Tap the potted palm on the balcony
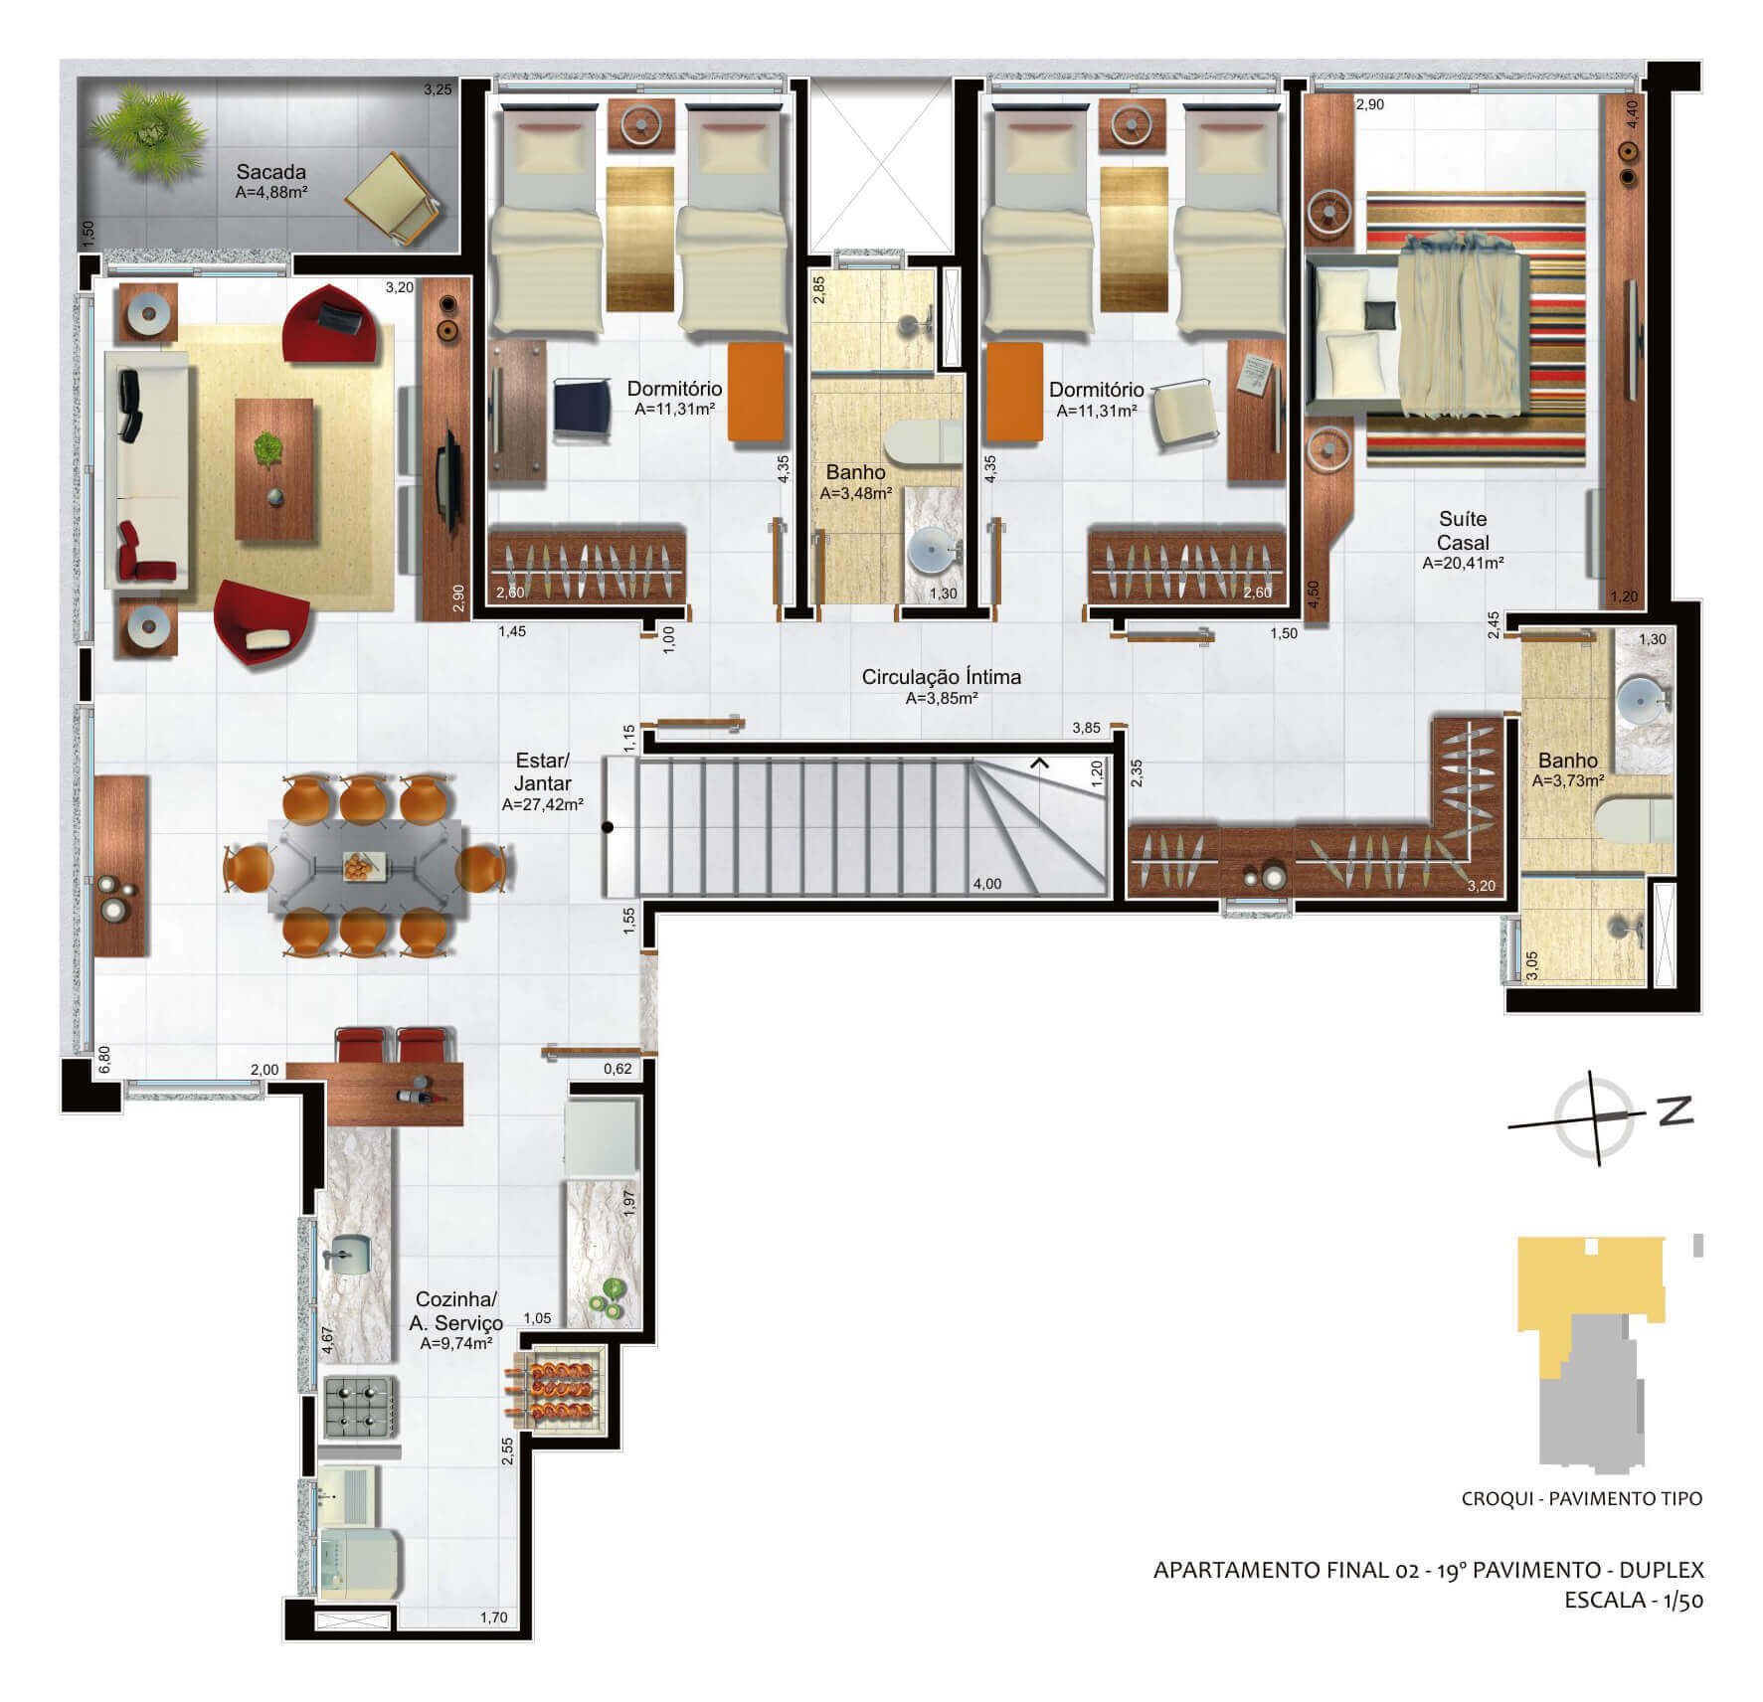[x=146, y=127]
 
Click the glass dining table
[x=366, y=866]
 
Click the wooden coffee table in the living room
[x=273, y=469]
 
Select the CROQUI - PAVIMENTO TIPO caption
[x=1581, y=1498]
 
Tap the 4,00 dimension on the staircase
[x=987, y=884]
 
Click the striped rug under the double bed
[x=1476, y=328]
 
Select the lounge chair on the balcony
[x=396, y=199]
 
